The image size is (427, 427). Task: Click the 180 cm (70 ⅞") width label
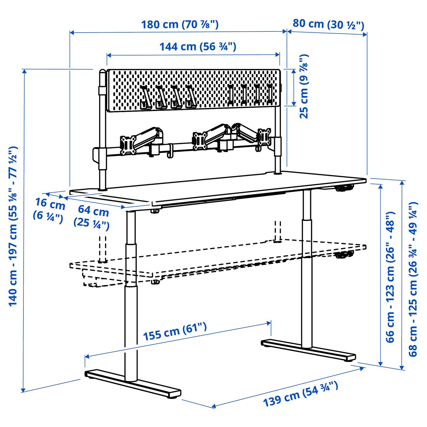coord(180,24)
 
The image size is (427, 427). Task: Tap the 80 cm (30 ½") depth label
coord(328,24)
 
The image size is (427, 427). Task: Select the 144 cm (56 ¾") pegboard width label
coord(198,47)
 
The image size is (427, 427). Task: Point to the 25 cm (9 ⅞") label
coord(304,87)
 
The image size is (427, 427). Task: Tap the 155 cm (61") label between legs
coord(175,332)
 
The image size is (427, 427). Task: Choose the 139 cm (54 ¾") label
coord(300,394)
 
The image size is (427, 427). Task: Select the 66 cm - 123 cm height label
coord(390,277)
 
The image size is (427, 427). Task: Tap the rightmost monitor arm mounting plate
coord(264,137)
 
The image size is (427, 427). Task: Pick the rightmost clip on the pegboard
coord(270,95)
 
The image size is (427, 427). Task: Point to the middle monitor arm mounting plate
coord(200,141)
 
